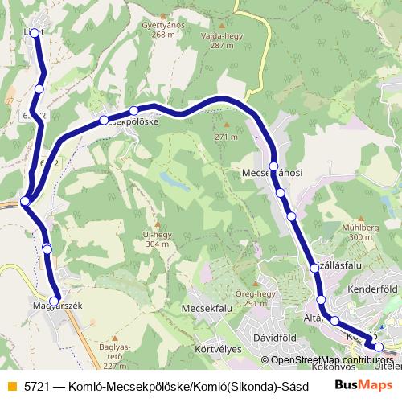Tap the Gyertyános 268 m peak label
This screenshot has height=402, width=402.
tap(158, 30)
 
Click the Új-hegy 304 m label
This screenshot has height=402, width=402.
tap(158, 239)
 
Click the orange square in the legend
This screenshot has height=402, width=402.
tap(11, 384)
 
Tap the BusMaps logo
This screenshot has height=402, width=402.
tap(359, 384)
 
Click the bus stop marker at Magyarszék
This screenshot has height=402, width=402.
tap(56, 295)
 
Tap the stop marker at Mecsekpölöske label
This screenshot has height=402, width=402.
tap(104, 121)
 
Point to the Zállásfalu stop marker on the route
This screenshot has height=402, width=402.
tap(315, 268)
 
